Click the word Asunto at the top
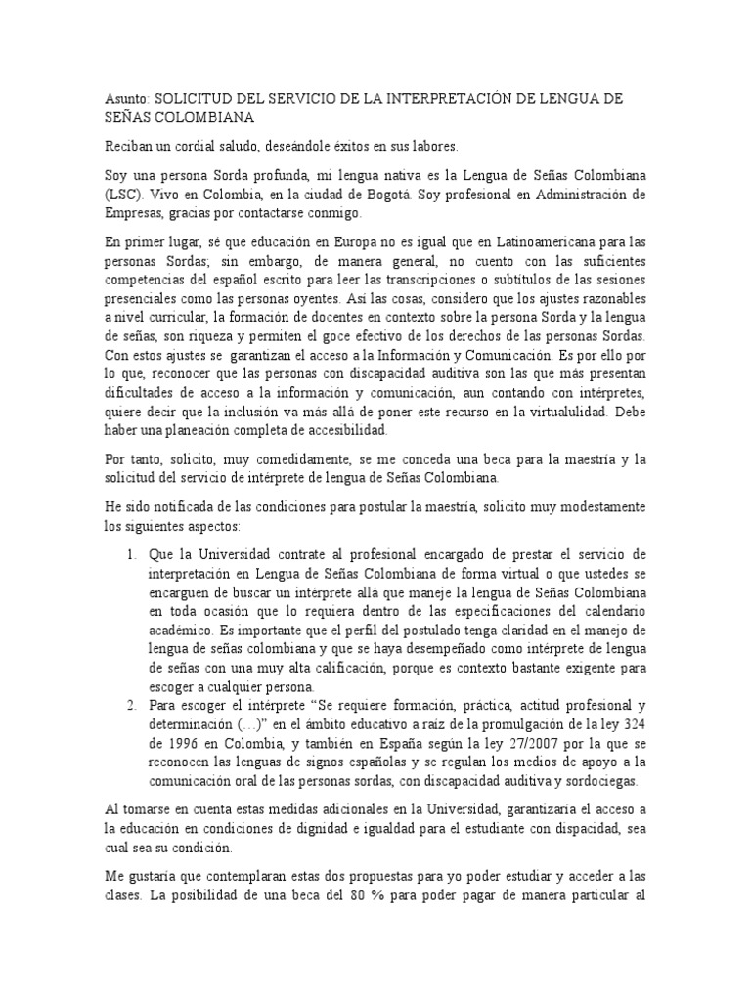[124, 100]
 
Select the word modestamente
[596, 506]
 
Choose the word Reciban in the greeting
[127, 147]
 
